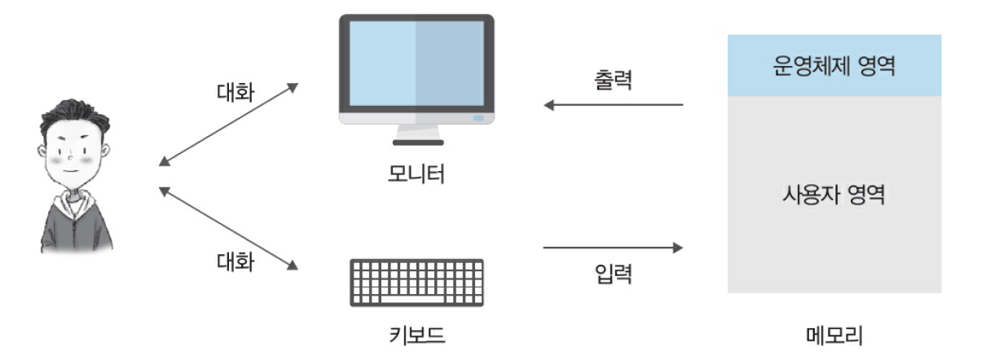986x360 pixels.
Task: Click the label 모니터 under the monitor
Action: coord(416,174)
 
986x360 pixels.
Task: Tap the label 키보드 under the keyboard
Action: coord(416,335)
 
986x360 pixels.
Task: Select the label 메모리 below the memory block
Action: coord(833,335)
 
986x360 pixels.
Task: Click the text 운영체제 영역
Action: coord(833,66)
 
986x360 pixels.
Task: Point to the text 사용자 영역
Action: coord(833,195)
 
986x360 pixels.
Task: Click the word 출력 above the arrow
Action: coord(614,81)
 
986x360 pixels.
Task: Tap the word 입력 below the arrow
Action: coord(614,274)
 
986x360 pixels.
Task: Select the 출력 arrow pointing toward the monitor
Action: coord(614,105)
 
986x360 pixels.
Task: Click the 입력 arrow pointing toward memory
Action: coord(614,247)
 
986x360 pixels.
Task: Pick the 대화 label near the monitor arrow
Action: coord(235,91)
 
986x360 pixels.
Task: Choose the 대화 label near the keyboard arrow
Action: coord(235,262)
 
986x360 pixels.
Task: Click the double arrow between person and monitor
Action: coord(229,123)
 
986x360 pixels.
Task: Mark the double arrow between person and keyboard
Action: coord(229,228)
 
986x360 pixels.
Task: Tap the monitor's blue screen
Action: coord(416,64)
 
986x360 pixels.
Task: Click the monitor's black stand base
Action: coord(417,143)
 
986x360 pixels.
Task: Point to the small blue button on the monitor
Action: coord(478,118)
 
